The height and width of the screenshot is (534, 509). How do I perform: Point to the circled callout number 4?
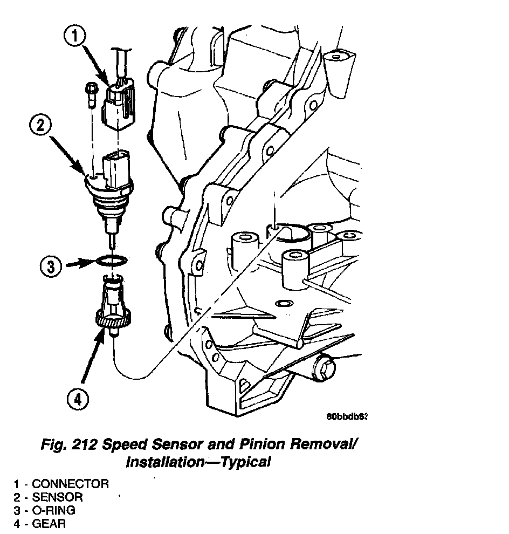pyautogui.click(x=78, y=400)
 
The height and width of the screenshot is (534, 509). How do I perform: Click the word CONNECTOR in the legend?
pyautogui.click(x=70, y=484)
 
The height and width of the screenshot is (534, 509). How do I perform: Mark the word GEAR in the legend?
pyautogui.click(x=49, y=524)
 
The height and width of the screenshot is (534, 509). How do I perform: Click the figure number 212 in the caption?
pyautogui.click(x=87, y=446)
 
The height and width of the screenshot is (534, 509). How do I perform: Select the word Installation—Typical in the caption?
pyautogui.click(x=197, y=462)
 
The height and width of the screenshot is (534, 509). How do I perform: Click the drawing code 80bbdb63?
pyautogui.click(x=347, y=417)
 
